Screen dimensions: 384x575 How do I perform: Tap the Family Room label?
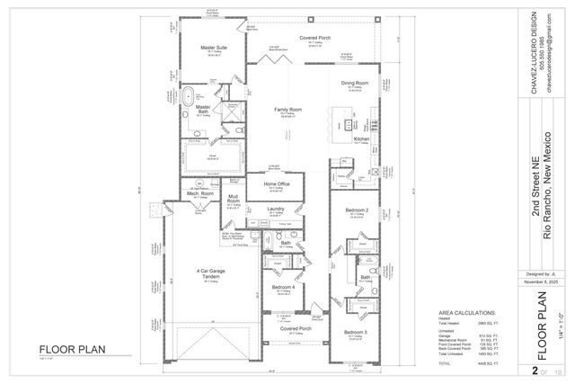pyautogui.click(x=287, y=109)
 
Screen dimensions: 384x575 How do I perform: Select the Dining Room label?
pyautogui.click(x=355, y=84)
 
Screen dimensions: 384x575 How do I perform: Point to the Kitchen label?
pyautogui.click(x=361, y=139)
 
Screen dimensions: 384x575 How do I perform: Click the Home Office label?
pyautogui.click(x=276, y=183)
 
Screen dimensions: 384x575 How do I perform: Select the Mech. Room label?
pyautogui.click(x=199, y=193)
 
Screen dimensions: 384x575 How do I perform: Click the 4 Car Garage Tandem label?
pyautogui.click(x=211, y=273)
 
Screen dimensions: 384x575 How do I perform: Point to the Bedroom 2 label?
pyautogui.click(x=358, y=210)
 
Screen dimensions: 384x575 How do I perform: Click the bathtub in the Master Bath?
pyautogui.click(x=189, y=95)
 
